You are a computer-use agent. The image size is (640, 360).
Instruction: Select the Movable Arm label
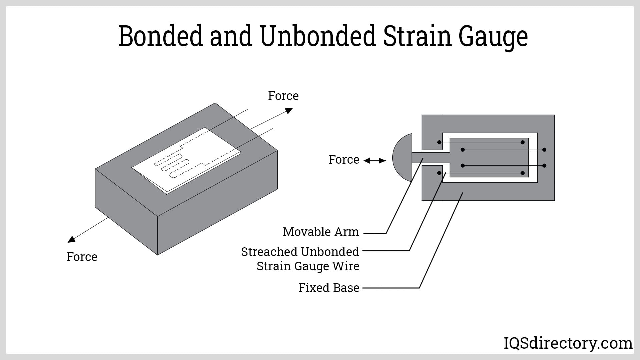point(321,232)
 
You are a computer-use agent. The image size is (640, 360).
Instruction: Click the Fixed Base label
point(329,288)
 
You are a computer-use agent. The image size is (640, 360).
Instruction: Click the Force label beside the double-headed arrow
point(344,160)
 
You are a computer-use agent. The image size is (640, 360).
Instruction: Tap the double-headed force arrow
point(375,161)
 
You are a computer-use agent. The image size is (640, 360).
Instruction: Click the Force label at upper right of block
point(283,96)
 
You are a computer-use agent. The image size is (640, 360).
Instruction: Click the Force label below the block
point(82,257)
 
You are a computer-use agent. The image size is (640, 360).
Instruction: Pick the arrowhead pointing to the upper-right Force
point(289,111)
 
